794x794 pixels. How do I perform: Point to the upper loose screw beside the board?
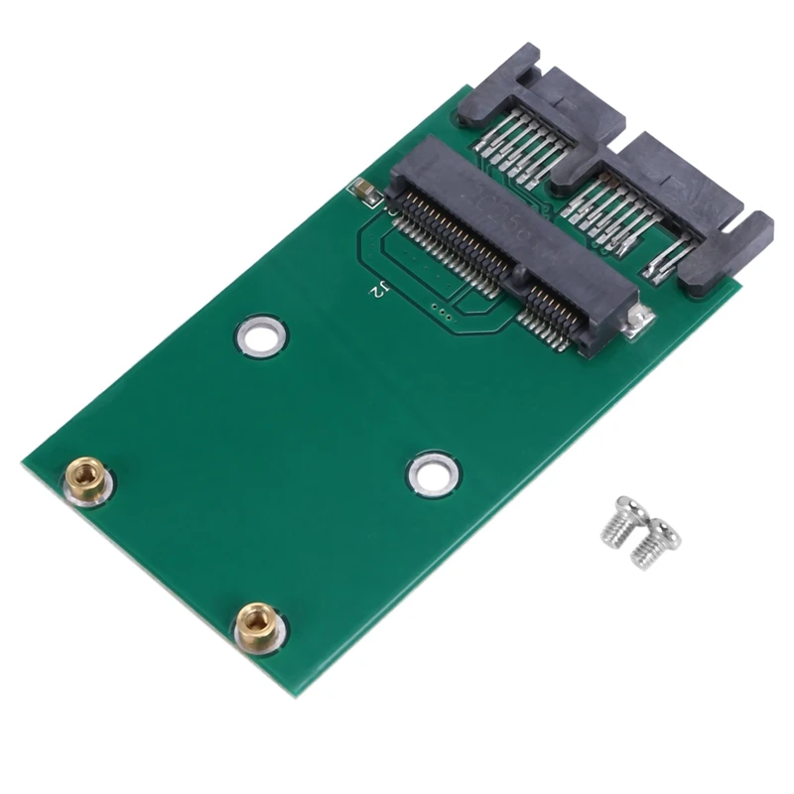click(x=620, y=519)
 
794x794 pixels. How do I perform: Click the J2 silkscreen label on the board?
click(x=378, y=291)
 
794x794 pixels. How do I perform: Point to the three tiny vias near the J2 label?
click(x=444, y=317)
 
